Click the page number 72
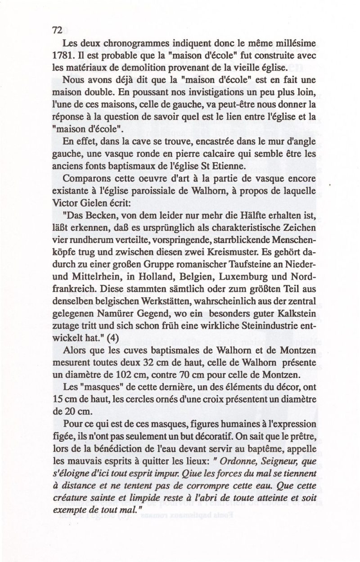click(x=57, y=30)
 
